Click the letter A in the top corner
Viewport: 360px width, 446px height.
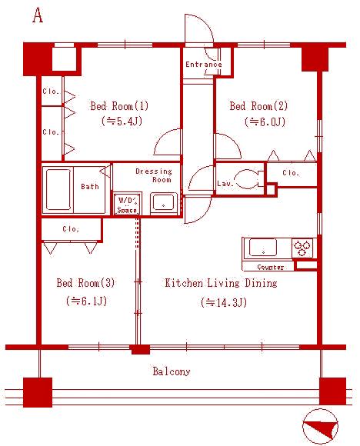[x=38, y=15]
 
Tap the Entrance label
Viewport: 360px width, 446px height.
[x=204, y=65]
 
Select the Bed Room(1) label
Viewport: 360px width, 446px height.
[x=119, y=106]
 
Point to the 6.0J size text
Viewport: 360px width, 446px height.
[x=265, y=122]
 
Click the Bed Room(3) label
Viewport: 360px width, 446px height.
[x=85, y=283]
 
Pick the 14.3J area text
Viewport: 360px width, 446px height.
[x=224, y=302]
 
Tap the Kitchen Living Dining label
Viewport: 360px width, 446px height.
[x=221, y=283]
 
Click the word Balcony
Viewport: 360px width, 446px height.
[x=172, y=371]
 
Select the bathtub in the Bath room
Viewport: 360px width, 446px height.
[x=58, y=189]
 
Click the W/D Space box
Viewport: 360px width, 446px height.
[x=127, y=204]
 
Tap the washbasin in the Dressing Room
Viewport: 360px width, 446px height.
[x=164, y=203]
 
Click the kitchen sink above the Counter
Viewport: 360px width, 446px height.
[x=263, y=247]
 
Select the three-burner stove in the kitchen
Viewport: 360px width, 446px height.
[x=303, y=248]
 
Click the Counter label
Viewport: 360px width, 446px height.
[x=270, y=267]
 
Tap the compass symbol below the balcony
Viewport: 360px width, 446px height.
[x=321, y=427]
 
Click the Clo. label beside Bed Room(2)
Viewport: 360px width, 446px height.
[x=291, y=173]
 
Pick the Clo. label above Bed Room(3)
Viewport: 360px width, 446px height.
[x=71, y=229]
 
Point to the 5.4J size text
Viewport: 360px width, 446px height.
[x=122, y=121]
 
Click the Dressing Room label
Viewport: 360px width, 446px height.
[x=154, y=175]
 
